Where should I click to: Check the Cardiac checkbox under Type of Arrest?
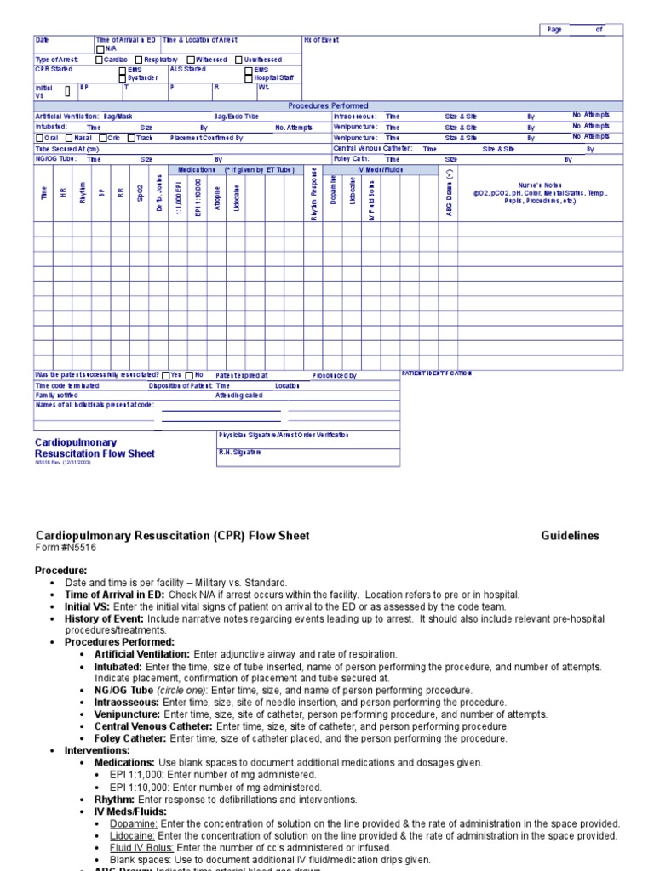click(x=100, y=60)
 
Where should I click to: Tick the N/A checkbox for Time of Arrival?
click(x=100, y=49)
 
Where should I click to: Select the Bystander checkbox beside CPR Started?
click(x=123, y=78)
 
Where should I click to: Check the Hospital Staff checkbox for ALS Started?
click(x=248, y=78)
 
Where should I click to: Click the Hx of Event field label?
click(x=321, y=40)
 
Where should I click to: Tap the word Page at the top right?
click(x=554, y=29)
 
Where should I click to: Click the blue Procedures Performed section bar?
click(x=328, y=105)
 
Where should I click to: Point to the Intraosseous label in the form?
click(x=353, y=116)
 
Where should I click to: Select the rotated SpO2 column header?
click(x=140, y=195)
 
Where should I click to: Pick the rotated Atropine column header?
click(x=217, y=197)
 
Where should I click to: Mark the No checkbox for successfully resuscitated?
click(x=190, y=375)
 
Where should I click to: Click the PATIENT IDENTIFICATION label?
click(x=435, y=373)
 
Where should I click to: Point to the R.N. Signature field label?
click(x=241, y=453)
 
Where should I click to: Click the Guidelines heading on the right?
click(x=570, y=536)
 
